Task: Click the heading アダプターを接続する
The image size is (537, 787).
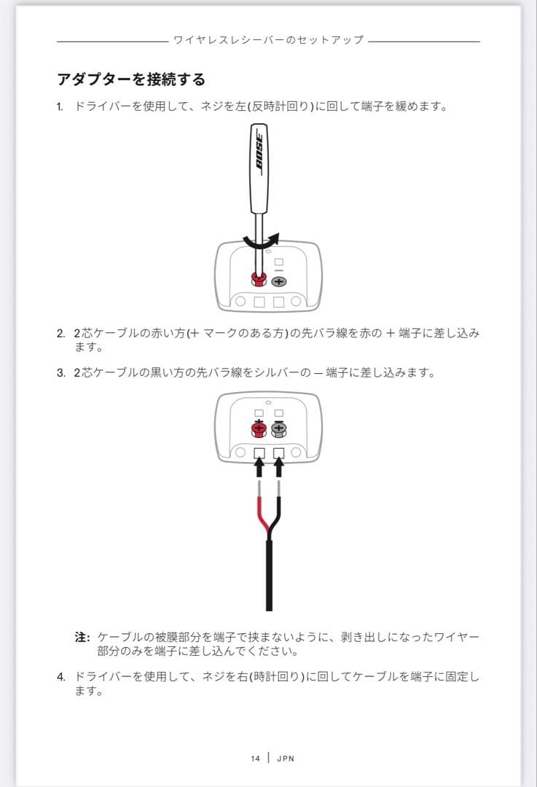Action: click(131, 79)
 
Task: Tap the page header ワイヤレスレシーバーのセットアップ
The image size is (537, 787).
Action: click(268, 39)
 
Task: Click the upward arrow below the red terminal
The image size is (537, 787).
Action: click(259, 463)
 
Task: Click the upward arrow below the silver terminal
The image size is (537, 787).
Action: click(278, 463)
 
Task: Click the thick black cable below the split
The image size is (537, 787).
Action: click(269, 576)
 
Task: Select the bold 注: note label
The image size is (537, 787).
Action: click(82, 637)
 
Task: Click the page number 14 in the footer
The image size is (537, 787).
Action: click(255, 759)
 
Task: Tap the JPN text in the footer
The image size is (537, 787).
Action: click(286, 759)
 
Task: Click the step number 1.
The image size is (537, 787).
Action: click(60, 106)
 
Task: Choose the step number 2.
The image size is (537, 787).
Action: click(60, 333)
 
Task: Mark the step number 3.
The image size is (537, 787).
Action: click(60, 373)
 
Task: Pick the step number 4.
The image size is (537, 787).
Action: click(60, 677)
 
